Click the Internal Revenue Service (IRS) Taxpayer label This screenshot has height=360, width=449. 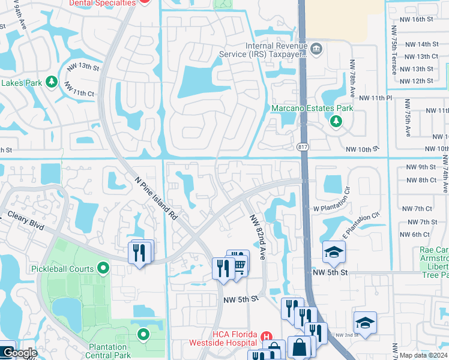tap(276, 50)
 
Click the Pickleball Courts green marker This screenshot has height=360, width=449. tap(103, 268)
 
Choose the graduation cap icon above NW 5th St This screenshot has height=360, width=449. tap(334, 252)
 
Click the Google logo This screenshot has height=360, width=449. tap(19, 353)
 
